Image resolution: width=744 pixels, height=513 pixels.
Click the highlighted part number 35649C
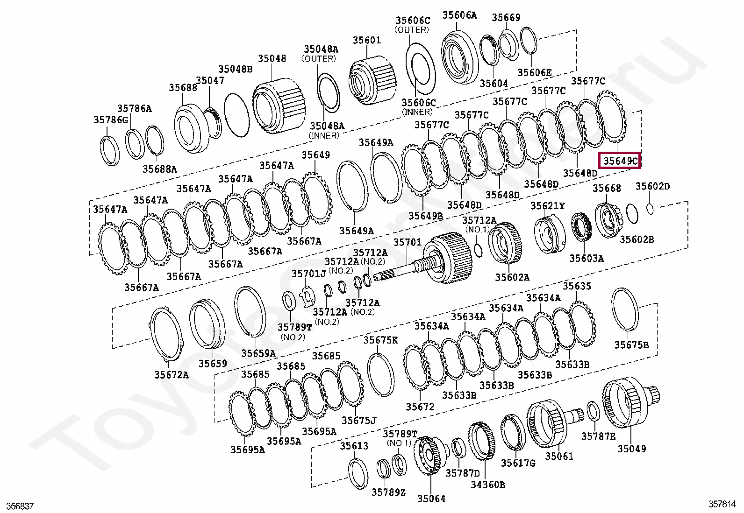tap(620, 162)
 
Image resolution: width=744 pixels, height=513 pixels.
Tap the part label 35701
tap(407, 242)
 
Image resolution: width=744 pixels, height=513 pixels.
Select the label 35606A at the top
tap(459, 15)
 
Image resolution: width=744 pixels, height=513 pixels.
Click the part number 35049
tap(632, 449)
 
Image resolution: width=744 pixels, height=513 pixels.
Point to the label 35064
tap(431, 499)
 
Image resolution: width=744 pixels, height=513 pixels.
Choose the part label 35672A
tap(171, 374)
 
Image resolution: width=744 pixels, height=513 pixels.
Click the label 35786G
tap(110, 120)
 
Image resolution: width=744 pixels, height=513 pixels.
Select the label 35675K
tap(380, 340)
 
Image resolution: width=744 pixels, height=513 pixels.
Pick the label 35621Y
tap(547, 206)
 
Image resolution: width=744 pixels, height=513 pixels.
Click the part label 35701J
tap(308, 273)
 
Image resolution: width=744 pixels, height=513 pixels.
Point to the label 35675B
tap(631, 345)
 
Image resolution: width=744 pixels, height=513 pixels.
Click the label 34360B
tap(487, 485)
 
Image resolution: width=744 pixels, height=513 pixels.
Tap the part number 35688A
tap(160, 169)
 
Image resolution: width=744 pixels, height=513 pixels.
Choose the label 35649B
tap(425, 216)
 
